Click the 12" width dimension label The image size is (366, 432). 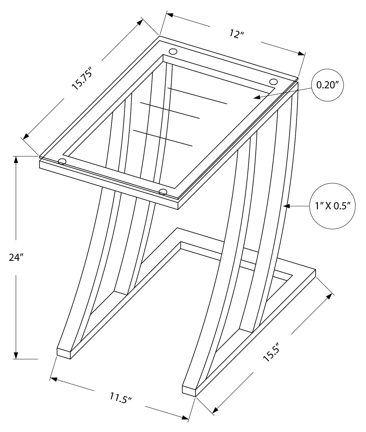[x=237, y=34]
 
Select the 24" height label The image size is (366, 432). [x=15, y=257]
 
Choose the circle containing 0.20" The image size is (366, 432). [x=327, y=85]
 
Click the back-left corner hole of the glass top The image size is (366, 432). [x=173, y=52]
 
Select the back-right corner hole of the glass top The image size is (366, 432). [x=273, y=82]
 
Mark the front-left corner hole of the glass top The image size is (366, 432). [x=62, y=162]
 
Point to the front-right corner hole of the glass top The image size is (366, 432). [x=163, y=192]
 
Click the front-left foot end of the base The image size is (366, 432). [x=64, y=353]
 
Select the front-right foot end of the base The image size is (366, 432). [x=189, y=390]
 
